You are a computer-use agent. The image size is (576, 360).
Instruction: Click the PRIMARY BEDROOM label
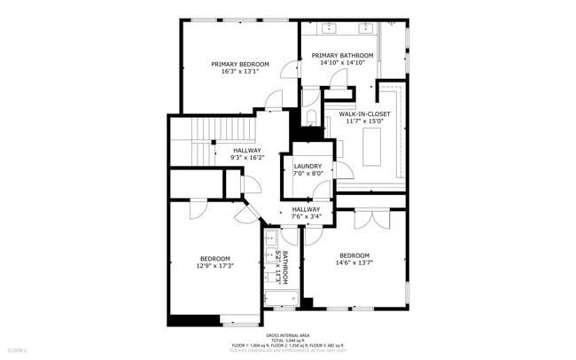tap(239, 64)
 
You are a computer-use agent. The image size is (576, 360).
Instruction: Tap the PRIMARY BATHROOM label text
tap(342, 55)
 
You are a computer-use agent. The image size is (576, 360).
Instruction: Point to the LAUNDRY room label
tap(307, 166)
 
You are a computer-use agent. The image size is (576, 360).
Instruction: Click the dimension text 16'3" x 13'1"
tap(239, 72)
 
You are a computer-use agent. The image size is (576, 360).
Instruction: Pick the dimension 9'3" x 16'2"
tap(247, 158)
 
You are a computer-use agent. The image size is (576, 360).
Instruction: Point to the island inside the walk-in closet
tap(374, 145)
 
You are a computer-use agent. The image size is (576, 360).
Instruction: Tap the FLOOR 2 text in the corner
tap(11, 351)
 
